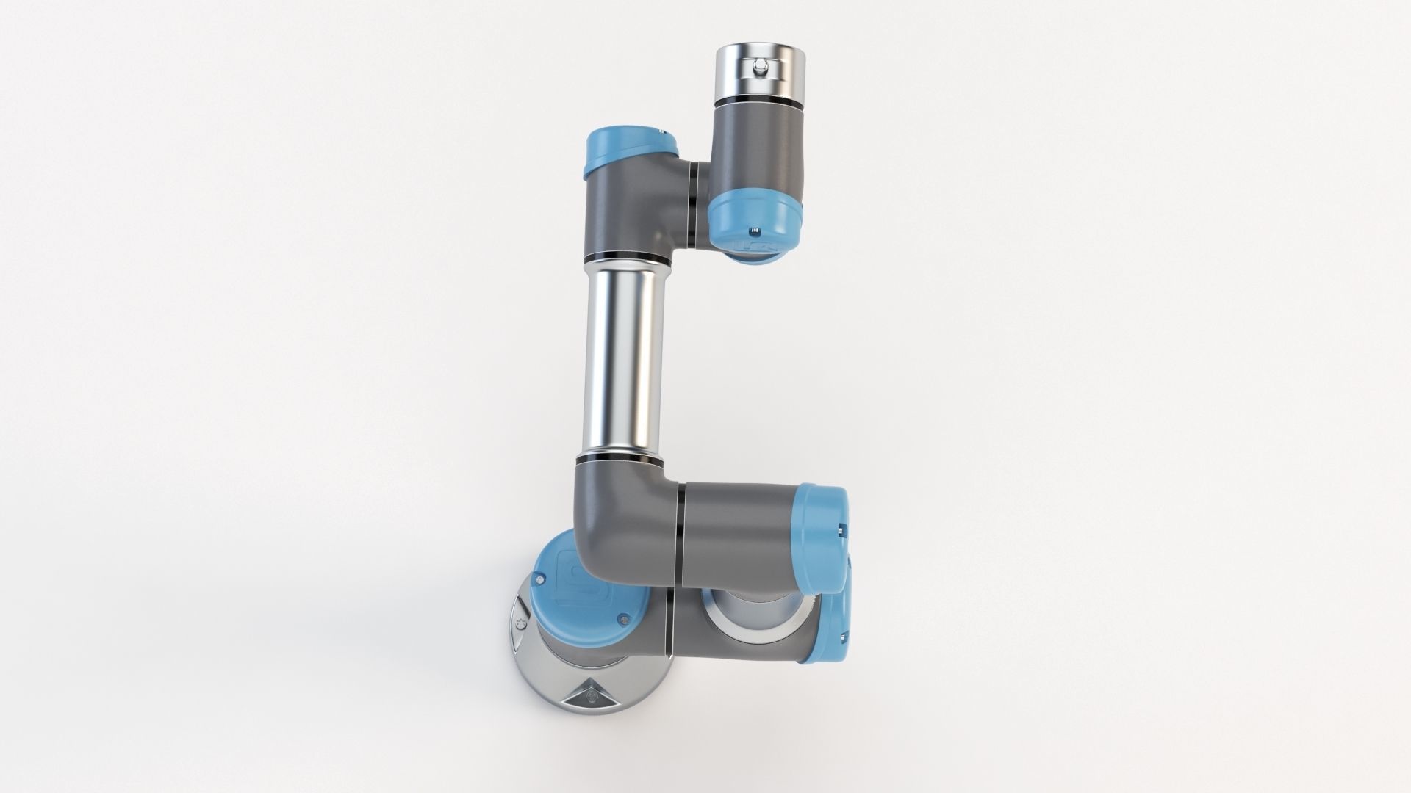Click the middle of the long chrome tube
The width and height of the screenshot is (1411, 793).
625,360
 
